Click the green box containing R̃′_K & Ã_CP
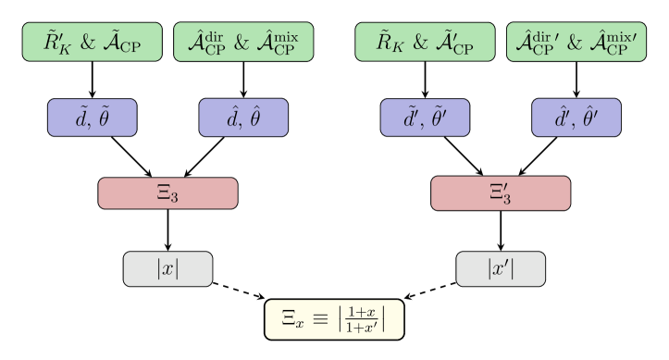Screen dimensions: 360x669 pos(92,42)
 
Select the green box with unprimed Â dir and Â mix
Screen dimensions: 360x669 pos(243,42)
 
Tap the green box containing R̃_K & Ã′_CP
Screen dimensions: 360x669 pos(425,42)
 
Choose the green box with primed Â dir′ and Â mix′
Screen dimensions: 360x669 pos(576,42)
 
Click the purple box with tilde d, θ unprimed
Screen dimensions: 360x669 pos(92,118)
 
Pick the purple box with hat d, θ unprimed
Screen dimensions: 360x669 pos(243,118)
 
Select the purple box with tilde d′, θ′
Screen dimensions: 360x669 pos(425,118)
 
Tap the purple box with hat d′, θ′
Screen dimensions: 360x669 pos(576,118)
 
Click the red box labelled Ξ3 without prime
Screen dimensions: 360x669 pos(167,193)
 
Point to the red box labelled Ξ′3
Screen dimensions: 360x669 pos(501,193)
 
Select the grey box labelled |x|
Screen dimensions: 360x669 pos(167,268)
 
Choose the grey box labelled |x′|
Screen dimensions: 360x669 pos(501,268)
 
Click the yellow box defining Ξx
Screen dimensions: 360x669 pos(334,319)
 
